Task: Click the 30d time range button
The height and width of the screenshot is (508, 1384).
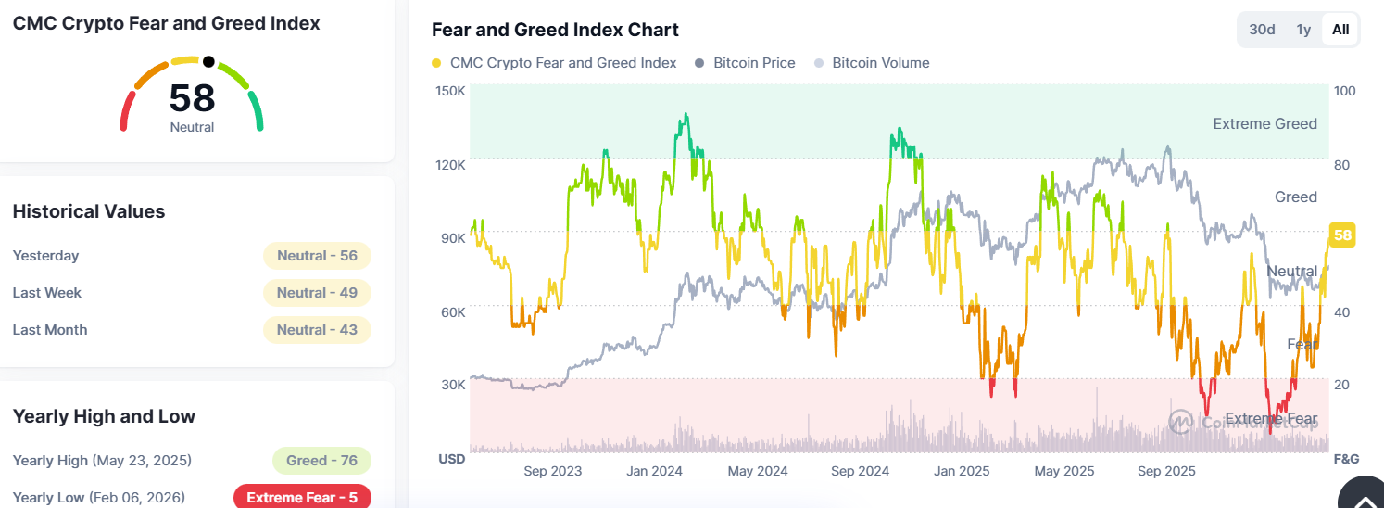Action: (1262, 30)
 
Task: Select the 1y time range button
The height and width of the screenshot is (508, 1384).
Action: (1303, 30)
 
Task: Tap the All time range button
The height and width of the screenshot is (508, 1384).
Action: (1340, 30)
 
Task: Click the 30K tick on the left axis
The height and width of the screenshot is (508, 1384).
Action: (452, 385)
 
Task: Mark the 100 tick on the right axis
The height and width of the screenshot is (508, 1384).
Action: (1344, 91)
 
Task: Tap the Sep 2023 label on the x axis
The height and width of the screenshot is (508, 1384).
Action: (552, 471)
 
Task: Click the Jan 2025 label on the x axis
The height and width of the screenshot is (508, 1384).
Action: (962, 471)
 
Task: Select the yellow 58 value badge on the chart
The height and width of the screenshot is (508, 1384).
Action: (1342, 235)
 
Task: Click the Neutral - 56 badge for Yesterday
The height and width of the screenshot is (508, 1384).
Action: (317, 256)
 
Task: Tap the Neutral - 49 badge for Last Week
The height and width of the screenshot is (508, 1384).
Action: (317, 293)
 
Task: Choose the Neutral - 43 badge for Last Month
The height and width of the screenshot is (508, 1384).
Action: (317, 330)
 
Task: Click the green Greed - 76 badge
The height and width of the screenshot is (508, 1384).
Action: (321, 461)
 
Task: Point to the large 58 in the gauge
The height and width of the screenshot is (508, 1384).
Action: (192, 98)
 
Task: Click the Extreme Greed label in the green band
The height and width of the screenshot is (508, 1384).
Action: (1264, 124)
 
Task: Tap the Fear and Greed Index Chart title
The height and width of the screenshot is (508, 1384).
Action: (555, 30)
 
